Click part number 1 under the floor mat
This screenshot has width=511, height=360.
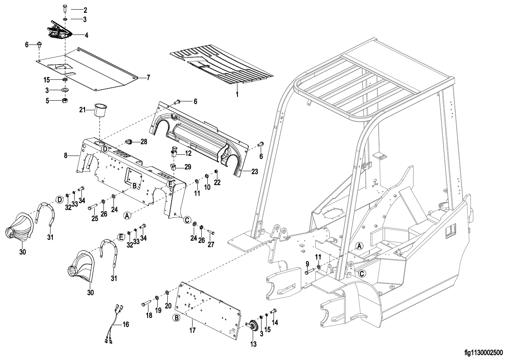pyautogui.click(x=237, y=94)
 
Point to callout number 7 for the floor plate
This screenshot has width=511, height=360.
pyautogui.click(x=148, y=77)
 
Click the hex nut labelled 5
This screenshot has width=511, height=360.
pyautogui.click(x=65, y=101)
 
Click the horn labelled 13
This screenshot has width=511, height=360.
pyautogui.click(x=253, y=325)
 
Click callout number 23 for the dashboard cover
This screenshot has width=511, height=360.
pyautogui.click(x=254, y=172)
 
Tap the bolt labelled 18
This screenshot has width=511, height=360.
pyautogui.click(x=146, y=303)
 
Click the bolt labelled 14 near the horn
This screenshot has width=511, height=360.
pyautogui.click(x=275, y=310)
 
